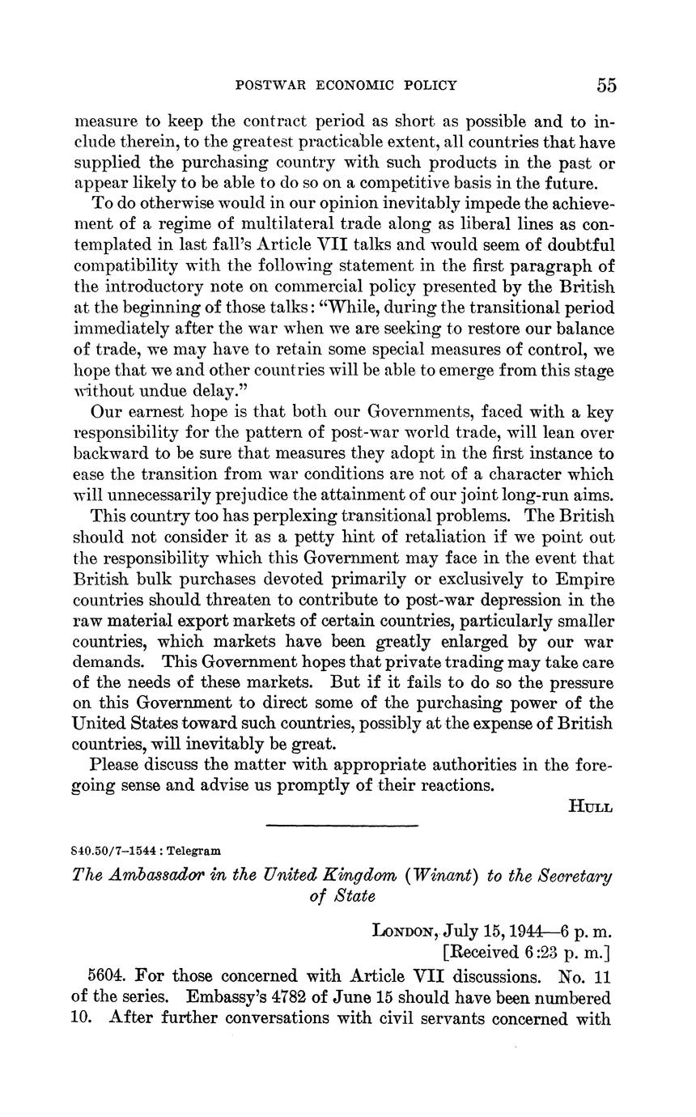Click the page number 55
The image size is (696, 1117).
coord(607,85)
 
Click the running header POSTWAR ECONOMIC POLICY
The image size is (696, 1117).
coord(346,85)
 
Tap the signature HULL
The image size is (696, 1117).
coord(592,806)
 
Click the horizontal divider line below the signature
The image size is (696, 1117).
coord(342,826)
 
